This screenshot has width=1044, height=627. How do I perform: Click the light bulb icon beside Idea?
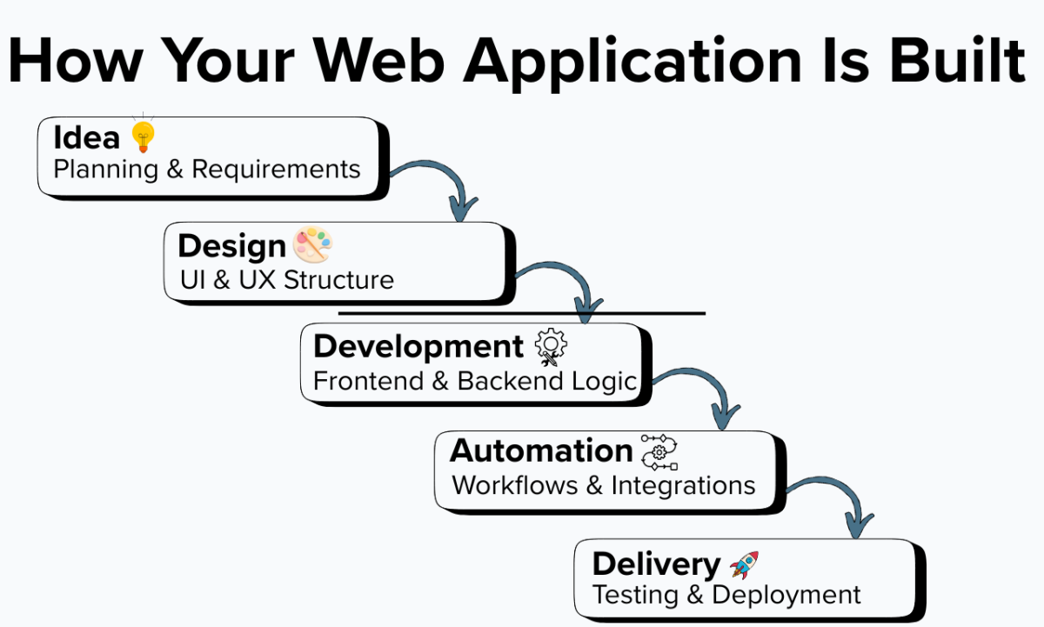pyautogui.click(x=144, y=136)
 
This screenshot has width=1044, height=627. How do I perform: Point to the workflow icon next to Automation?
pyautogui.click(x=659, y=451)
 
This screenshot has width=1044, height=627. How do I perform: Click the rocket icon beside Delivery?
pyautogui.click(x=744, y=564)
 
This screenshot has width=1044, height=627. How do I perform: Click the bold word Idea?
pyautogui.click(x=87, y=137)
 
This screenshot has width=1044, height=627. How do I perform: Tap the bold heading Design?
pyautogui.click(x=231, y=246)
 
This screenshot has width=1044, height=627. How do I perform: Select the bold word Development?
pyautogui.click(x=418, y=346)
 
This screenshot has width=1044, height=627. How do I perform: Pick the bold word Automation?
pyautogui.click(x=541, y=450)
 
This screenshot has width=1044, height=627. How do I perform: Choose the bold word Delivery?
pyautogui.click(x=656, y=564)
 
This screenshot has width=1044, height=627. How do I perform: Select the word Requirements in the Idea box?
pyautogui.click(x=276, y=169)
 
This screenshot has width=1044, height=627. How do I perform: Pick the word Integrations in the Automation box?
pyautogui.click(x=683, y=484)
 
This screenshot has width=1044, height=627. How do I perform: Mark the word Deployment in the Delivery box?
pyautogui.click(x=786, y=595)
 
